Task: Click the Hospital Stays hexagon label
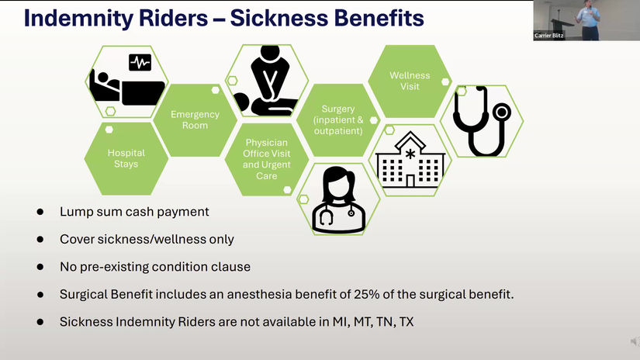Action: (126, 158)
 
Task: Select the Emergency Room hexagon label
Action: (195, 119)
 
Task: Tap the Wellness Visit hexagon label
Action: (410, 81)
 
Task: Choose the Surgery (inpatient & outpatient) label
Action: (337, 120)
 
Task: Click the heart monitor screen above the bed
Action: (140, 61)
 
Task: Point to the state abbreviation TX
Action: (405, 321)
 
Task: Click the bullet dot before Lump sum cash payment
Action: (40, 212)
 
